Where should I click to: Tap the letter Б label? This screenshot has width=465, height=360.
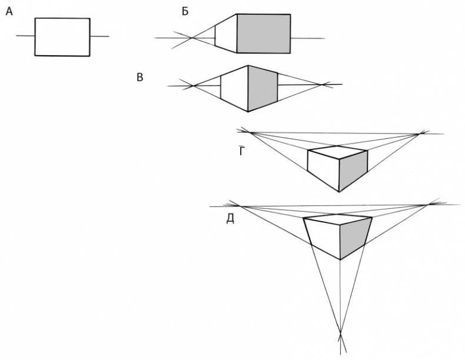[x=185, y=11]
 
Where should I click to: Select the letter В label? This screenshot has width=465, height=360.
[x=140, y=77]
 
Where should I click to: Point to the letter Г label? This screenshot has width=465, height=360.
[x=241, y=151]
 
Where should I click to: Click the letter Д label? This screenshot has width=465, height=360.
[x=231, y=219]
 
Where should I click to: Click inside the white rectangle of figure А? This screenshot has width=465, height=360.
[x=62, y=37]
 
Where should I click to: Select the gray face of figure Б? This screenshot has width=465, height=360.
[x=263, y=34]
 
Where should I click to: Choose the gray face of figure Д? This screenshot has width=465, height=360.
[x=354, y=236]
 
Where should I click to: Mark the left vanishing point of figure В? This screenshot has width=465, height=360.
[x=192, y=86]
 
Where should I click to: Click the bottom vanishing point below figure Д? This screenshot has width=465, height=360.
[x=340, y=336]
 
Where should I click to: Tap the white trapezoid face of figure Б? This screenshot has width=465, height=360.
[x=225, y=34]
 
